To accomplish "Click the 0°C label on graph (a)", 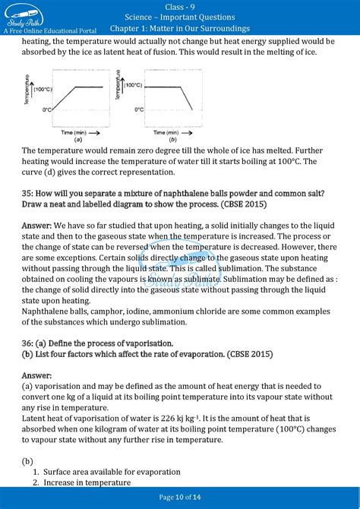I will point(47,110).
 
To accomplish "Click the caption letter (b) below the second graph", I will point(173,141).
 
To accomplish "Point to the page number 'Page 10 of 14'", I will point(180,498).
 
